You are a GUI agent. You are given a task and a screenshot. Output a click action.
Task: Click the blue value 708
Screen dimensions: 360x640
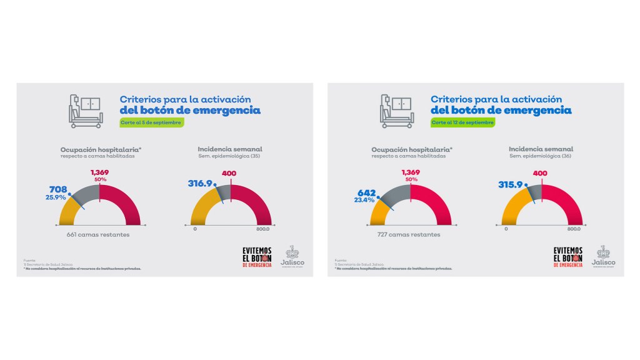pos(58,189)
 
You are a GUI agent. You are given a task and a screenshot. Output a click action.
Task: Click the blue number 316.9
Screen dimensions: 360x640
pos(201,184)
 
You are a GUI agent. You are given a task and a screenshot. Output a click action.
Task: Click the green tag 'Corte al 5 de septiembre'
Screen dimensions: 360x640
pos(152,122)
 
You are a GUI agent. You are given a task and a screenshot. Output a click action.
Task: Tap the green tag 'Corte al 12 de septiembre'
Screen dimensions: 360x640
pos(463,122)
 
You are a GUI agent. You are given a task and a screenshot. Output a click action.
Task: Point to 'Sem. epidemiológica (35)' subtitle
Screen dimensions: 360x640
pos(229,156)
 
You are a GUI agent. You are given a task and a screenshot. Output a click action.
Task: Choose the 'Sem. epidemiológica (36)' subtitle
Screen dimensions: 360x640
pos(541,156)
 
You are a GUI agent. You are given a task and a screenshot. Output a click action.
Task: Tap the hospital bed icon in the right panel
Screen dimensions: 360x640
pos(396,111)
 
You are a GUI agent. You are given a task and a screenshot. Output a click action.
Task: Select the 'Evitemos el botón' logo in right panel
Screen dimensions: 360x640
pos(567,256)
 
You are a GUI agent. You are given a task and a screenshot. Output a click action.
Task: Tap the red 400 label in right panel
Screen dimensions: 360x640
pos(542,173)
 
